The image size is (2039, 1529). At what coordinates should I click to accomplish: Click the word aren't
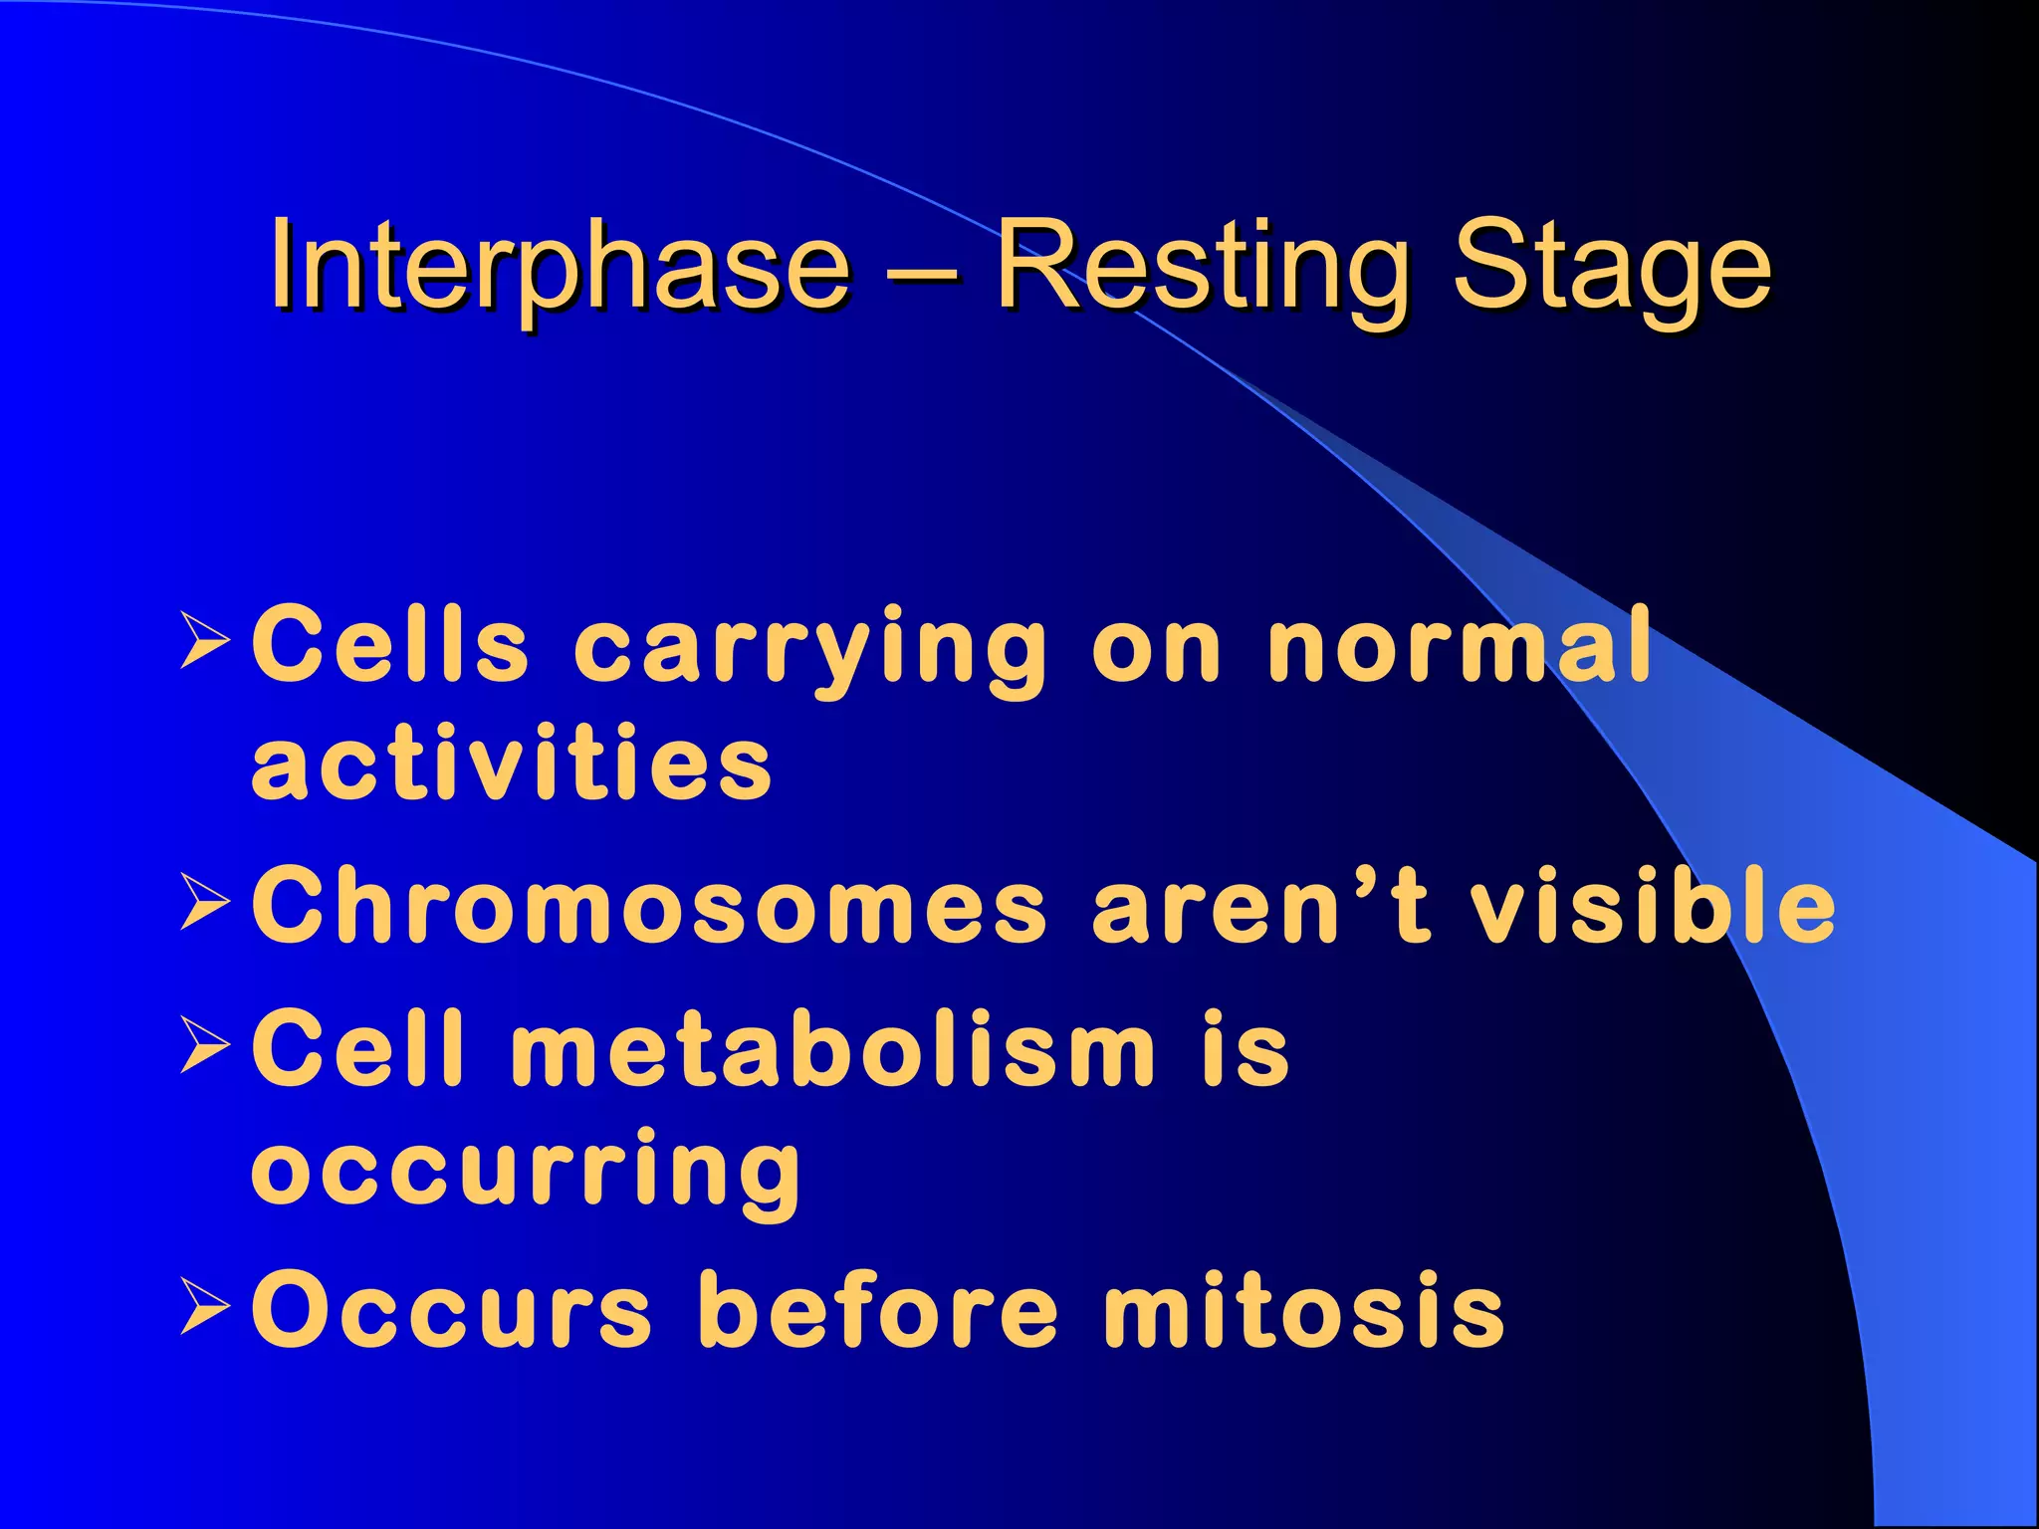pyautogui.click(x=1260, y=906)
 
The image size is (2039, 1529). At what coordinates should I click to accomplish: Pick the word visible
pyautogui.click(x=1653, y=906)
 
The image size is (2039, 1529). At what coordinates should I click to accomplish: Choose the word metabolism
pyautogui.click(x=832, y=1049)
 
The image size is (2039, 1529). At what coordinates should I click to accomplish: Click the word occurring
pyautogui.click(x=526, y=1171)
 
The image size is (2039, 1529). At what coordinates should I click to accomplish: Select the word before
pyautogui.click(x=878, y=1312)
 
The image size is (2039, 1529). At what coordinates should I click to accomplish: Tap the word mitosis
pyautogui.click(x=1304, y=1312)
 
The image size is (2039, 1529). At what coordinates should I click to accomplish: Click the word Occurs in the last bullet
pyautogui.click(x=452, y=1312)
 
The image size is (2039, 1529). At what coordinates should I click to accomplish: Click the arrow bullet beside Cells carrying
pyautogui.click(x=206, y=642)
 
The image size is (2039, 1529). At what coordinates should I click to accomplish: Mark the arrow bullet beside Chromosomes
pyautogui.click(x=206, y=902)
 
